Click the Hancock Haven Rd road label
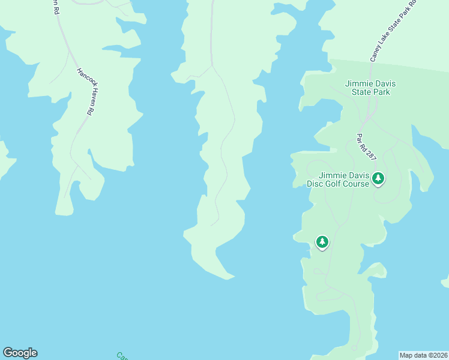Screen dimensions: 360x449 tap(86, 91)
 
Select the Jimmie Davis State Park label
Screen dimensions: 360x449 tap(367, 88)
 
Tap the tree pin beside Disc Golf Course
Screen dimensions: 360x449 tap(378, 178)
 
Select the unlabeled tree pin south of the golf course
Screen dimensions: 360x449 tap(322, 242)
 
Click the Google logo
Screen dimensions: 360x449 tap(20, 353)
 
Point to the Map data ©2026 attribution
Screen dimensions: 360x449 tap(423, 355)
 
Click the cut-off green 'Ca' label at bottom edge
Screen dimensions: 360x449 tap(122, 356)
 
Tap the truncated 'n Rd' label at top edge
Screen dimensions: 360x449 tap(55, 7)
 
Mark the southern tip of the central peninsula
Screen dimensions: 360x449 tap(228, 278)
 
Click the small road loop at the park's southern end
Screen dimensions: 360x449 tap(329, 295)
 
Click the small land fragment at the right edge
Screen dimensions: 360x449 tap(445, 282)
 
